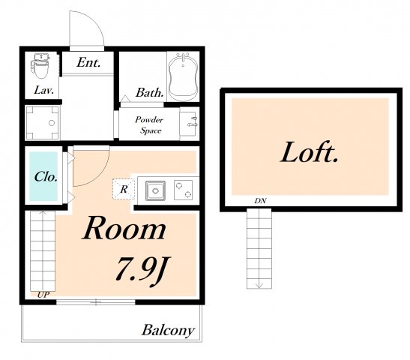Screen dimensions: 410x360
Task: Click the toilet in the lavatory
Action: (40, 66)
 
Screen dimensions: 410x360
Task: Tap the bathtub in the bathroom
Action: (183, 76)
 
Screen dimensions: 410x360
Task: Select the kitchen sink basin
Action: (155, 190)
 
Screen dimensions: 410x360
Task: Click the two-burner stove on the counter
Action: (183, 190)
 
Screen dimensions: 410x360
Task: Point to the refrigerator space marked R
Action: (124, 189)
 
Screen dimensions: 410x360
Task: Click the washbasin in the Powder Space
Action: (189, 122)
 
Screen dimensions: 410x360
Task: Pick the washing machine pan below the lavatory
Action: (43, 122)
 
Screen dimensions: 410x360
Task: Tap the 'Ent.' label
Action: (88, 62)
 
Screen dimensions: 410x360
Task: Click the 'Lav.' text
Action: (43, 90)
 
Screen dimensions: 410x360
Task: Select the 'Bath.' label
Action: (149, 92)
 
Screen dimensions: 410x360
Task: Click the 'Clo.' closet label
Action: (46, 176)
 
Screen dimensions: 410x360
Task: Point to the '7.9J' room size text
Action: (142, 271)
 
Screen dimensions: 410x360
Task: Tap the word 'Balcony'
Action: (169, 330)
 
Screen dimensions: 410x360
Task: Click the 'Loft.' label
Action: (310, 152)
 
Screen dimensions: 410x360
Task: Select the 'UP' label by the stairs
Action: (43, 295)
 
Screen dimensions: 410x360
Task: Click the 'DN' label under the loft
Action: (260, 201)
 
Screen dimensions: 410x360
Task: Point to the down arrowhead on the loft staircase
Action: (259, 285)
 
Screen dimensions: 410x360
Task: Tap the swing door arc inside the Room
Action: (98, 175)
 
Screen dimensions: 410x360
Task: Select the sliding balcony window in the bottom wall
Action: (96, 302)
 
